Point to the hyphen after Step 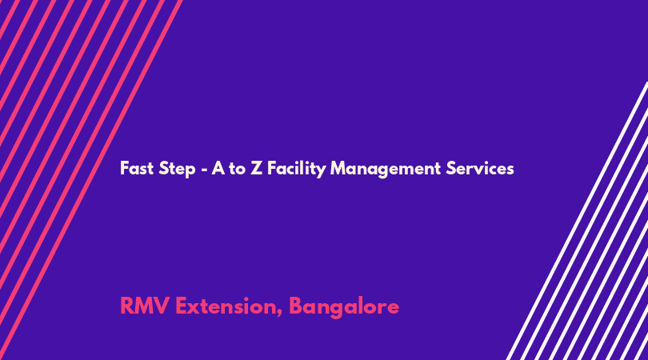(x=204, y=170)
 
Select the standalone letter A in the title (x=218, y=169)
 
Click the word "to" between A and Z (x=237, y=169)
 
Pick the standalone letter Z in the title (x=256, y=169)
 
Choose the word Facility (x=296, y=170)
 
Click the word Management (x=386, y=170)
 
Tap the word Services (x=480, y=169)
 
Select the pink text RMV (x=144, y=306)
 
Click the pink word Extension (x=226, y=306)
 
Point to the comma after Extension (x=280, y=314)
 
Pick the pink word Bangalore (x=344, y=307)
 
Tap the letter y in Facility (x=321, y=171)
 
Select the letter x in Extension (x=194, y=308)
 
